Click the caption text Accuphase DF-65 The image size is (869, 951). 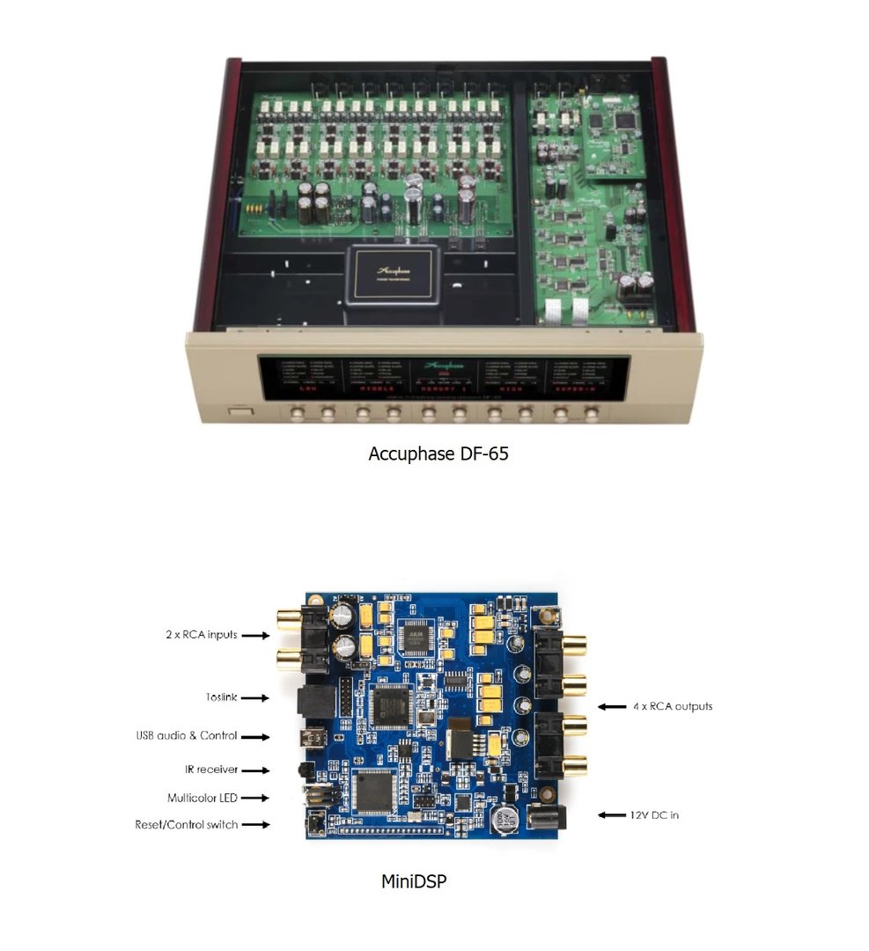point(438,454)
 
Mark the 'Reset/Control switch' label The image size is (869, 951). point(186,824)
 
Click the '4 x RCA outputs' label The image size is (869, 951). point(674,706)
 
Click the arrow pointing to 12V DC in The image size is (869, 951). point(613,815)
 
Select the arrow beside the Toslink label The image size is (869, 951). point(254,697)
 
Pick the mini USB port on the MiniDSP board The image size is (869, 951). point(309,737)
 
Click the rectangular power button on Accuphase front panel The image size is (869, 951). point(239,410)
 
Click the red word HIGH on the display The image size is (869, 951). point(512,387)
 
